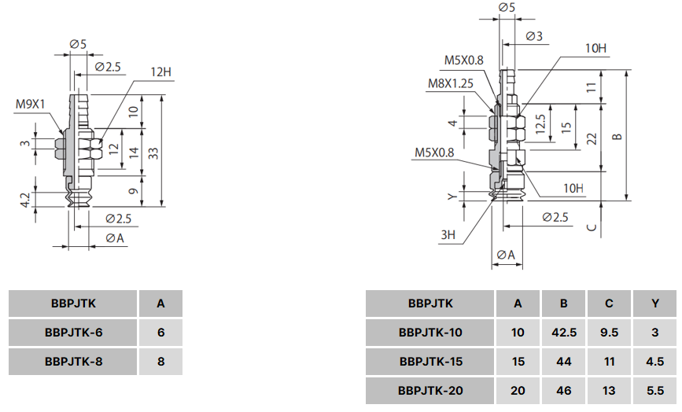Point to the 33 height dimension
(153, 154)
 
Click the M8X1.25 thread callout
(450, 83)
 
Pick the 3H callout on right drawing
(448, 234)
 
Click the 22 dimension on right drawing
(592, 138)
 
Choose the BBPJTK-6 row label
(74, 333)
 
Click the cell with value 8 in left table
(160, 362)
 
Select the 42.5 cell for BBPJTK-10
(564, 333)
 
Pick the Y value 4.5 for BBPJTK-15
(654, 362)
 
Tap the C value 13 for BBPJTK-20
(609, 391)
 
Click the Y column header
(654, 303)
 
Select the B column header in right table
(564, 303)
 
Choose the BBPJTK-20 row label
(430, 391)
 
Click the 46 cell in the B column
(564, 391)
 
